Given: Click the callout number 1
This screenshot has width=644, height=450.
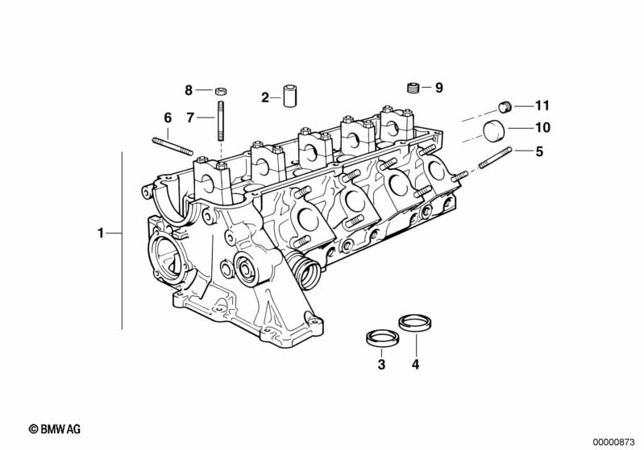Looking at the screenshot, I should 101,233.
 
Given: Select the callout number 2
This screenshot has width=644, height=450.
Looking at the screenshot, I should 264,97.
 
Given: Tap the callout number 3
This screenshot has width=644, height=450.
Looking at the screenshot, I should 381,365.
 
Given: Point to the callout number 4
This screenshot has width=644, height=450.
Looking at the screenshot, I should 415,365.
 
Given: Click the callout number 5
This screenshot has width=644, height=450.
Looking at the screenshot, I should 539,151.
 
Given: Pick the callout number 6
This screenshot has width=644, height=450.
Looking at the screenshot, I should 168,118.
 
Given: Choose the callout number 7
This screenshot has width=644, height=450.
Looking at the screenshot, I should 190,118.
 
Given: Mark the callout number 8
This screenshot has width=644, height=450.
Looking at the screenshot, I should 189,89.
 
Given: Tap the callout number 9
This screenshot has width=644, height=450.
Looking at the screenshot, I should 438,87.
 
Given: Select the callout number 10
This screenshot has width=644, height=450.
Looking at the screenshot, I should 542,127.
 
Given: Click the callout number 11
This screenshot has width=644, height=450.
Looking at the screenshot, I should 542,105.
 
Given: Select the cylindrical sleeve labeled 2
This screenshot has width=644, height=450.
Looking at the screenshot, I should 289,94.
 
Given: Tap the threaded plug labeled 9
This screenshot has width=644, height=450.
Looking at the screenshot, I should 414,87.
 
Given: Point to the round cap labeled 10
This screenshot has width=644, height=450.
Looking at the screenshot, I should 494,130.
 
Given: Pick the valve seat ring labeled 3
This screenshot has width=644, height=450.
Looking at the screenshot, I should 378,336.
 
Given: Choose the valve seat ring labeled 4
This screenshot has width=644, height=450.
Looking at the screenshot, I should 412,324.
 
